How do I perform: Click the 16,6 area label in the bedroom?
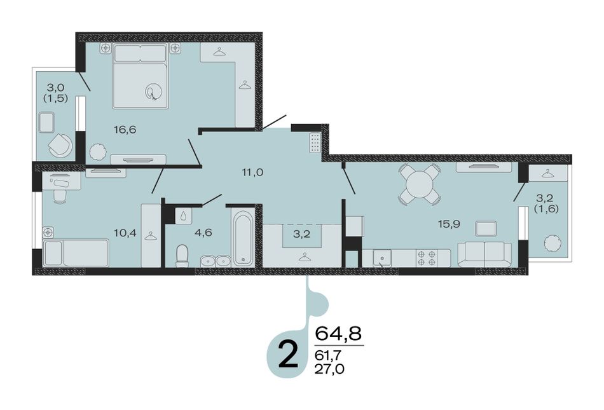click(125, 130)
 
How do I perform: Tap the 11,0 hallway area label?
click(252, 172)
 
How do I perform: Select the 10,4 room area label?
click(125, 232)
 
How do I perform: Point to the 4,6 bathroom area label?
click(203, 232)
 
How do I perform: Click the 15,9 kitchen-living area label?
click(449, 223)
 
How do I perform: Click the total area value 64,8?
click(339, 333)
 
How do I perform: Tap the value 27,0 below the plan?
click(329, 369)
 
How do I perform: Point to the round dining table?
click(420, 184)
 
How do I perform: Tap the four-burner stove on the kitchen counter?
click(427, 258)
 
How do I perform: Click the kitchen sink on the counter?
click(380, 258)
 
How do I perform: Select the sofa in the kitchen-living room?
click(484, 254)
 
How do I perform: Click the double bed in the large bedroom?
click(141, 76)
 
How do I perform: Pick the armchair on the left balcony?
click(60, 146)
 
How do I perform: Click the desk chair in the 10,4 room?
click(59, 196)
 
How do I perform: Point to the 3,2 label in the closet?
click(301, 234)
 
